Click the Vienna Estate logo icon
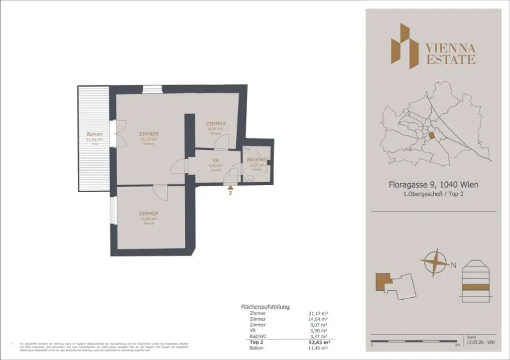[404, 45]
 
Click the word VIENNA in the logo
[450, 48]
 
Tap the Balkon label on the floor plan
[95, 134]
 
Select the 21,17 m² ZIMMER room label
[149, 134]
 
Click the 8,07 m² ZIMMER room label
[216, 123]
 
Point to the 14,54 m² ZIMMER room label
[149, 213]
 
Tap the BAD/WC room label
[257, 159]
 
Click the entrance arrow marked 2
[230, 188]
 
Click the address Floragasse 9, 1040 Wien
[433, 185]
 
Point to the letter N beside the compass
[454, 265]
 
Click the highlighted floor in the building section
[477, 287]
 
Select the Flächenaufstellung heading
[265, 307]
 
